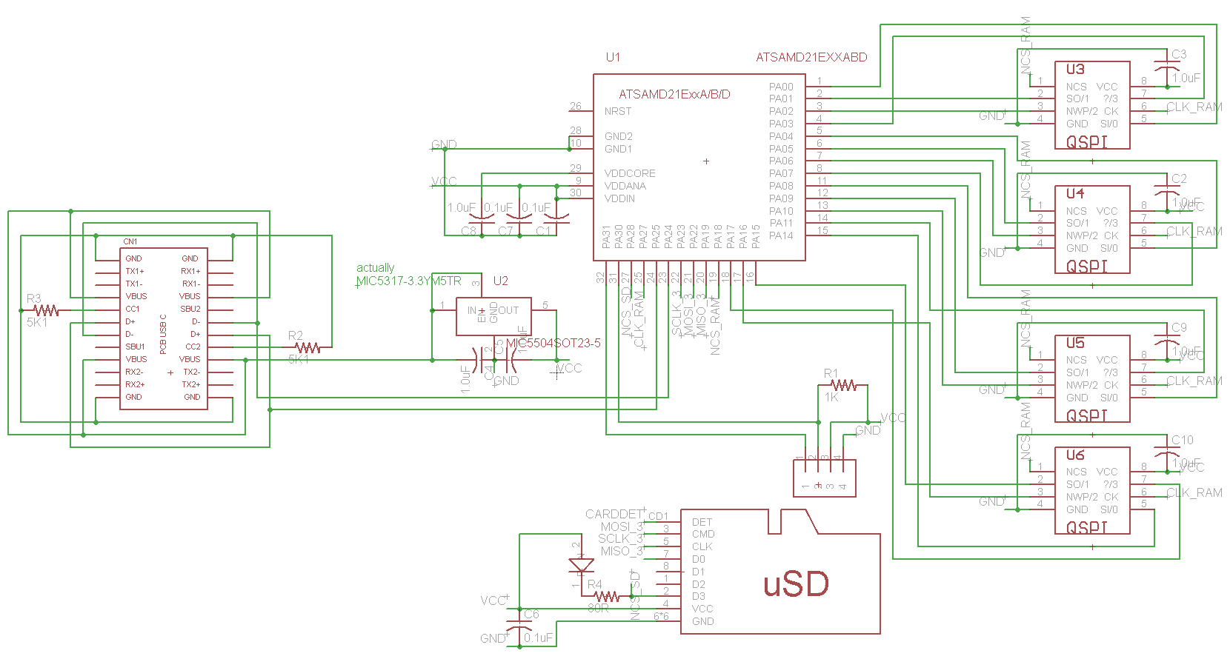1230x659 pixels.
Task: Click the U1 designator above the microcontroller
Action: click(613, 57)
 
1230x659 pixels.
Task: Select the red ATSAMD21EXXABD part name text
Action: click(811, 57)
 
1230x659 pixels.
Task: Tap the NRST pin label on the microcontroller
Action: click(618, 111)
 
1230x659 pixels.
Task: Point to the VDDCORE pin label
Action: click(630, 173)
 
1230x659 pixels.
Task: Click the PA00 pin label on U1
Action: click(781, 87)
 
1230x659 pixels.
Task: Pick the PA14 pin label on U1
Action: click(781, 235)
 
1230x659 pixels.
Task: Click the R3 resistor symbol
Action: click(46, 310)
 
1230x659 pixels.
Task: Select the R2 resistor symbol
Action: click(307, 347)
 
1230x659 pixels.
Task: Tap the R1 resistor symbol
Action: click(843, 385)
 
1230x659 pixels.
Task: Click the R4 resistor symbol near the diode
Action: click(607, 596)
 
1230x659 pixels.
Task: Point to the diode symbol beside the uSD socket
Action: click(581, 566)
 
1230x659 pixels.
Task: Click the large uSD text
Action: click(796, 584)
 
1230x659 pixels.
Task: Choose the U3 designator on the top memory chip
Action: click(1075, 69)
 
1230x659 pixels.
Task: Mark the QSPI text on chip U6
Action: click(1087, 527)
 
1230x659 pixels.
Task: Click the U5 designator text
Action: click(1075, 343)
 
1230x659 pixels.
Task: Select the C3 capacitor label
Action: click(1179, 54)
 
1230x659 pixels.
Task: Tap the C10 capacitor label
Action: click(1183, 440)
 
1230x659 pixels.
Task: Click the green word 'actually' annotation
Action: click(375, 267)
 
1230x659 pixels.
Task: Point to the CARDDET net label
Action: click(614, 514)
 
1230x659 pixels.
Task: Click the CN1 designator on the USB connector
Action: click(130, 241)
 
